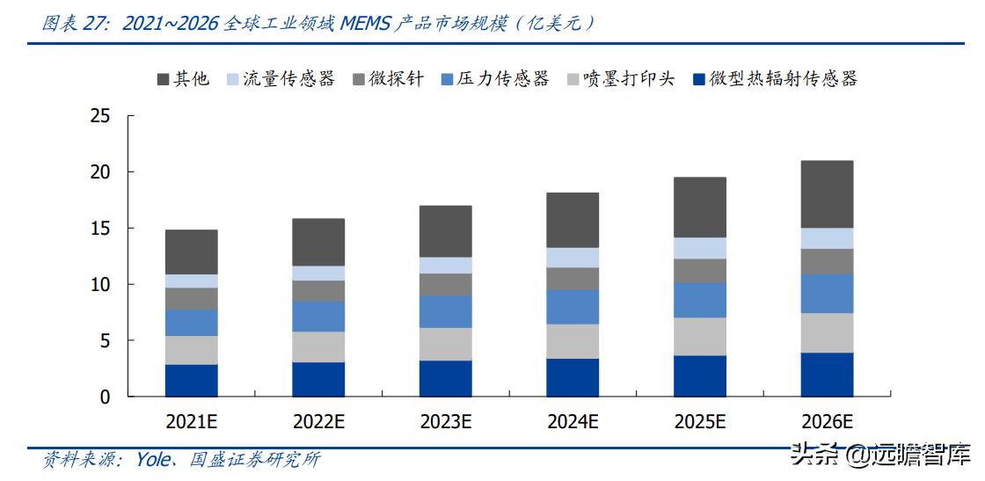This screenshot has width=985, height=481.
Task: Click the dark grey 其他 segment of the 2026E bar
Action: (x=827, y=194)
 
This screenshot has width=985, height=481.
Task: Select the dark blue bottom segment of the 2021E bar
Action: (x=192, y=380)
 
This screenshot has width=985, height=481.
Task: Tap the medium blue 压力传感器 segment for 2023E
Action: (x=446, y=311)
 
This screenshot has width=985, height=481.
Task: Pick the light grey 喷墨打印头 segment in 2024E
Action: (x=573, y=341)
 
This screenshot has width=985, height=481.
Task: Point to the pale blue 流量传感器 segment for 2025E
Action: (x=700, y=248)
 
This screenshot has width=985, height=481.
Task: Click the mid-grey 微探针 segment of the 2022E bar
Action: (x=318, y=291)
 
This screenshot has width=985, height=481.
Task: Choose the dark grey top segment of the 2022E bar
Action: (x=318, y=242)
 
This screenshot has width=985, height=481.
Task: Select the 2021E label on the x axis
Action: (x=191, y=421)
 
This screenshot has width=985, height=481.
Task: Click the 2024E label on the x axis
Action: (x=573, y=421)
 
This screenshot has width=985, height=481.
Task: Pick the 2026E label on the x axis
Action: (x=827, y=421)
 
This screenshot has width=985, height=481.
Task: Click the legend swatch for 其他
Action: (x=163, y=79)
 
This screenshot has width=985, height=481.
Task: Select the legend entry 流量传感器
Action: (x=290, y=79)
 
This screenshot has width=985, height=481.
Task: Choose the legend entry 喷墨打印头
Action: (x=629, y=79)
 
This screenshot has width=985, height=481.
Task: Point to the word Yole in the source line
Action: (x=153, y=459)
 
